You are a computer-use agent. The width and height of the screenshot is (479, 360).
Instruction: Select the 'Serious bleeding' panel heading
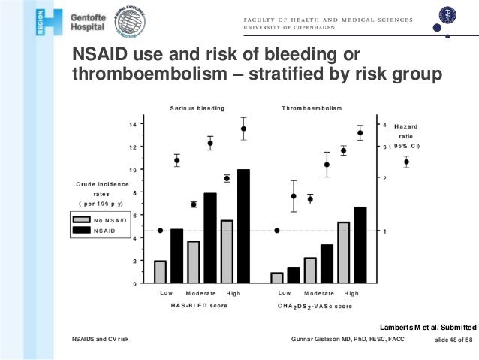pos(197,109)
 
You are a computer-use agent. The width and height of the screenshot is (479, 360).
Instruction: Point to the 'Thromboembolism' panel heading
pos(313,109)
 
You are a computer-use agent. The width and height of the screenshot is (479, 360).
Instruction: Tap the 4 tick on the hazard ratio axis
pos(385,125)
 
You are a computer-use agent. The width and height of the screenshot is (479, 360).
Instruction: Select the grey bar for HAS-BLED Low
pos(160,272)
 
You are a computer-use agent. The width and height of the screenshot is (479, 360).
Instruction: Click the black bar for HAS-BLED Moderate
pos(210,237)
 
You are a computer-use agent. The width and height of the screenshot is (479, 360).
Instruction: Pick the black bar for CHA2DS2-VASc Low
pos(293,275)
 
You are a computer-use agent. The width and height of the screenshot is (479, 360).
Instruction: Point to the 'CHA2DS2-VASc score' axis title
pos(315,306)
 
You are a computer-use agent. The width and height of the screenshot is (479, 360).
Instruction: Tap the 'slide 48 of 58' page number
pos(453,340)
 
